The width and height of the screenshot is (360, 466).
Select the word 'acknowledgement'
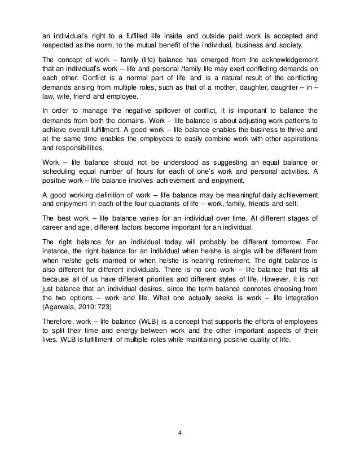point(287,60)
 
